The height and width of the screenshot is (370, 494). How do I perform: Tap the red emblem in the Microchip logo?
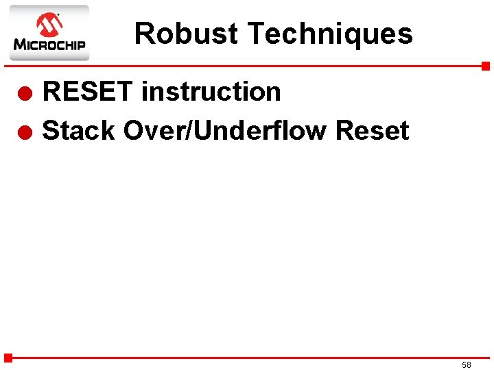(49, 25)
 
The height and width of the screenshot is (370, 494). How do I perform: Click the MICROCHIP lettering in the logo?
(49, 46)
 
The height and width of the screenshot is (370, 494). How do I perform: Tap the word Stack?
(78, 130)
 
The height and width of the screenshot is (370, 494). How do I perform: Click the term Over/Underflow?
(225, 130)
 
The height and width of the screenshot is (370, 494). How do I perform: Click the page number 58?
(467, 365)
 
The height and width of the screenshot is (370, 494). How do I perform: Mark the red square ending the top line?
(485, 66)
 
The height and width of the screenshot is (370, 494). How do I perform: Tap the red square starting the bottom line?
(8, 358)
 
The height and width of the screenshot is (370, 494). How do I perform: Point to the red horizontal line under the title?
(247, 66)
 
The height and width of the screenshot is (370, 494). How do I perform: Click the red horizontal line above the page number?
(247, 358)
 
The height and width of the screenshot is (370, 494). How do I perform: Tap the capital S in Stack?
(51, 130)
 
